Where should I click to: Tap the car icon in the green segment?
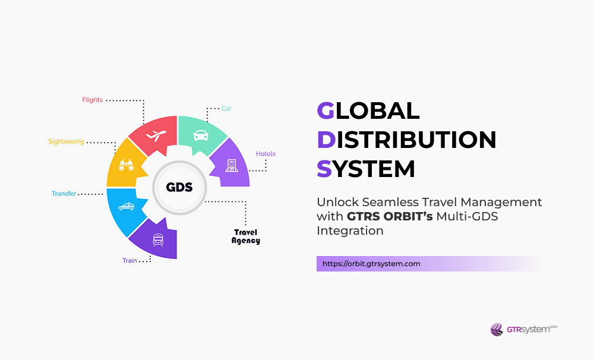click(200, 135)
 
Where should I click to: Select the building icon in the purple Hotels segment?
click(230, 165)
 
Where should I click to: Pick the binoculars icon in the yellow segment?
click(127, 165)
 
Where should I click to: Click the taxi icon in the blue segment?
click(126, 207)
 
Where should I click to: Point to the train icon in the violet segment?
click(159, 239)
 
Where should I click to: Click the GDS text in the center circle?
click(179, 187)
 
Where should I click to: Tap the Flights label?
click(92, 100)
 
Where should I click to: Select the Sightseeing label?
click(66, 141)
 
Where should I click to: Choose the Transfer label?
click(64, 194)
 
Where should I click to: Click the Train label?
click(129, 260)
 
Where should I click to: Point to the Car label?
click(226, 109)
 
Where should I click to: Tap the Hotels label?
click(266, 154)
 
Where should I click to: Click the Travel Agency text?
click(246, 236)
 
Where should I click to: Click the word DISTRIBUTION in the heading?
click(406, 140)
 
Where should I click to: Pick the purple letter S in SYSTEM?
click(324, 169)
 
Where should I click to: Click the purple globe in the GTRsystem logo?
click(497, 329)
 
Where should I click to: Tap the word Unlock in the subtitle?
click(336, 202)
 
